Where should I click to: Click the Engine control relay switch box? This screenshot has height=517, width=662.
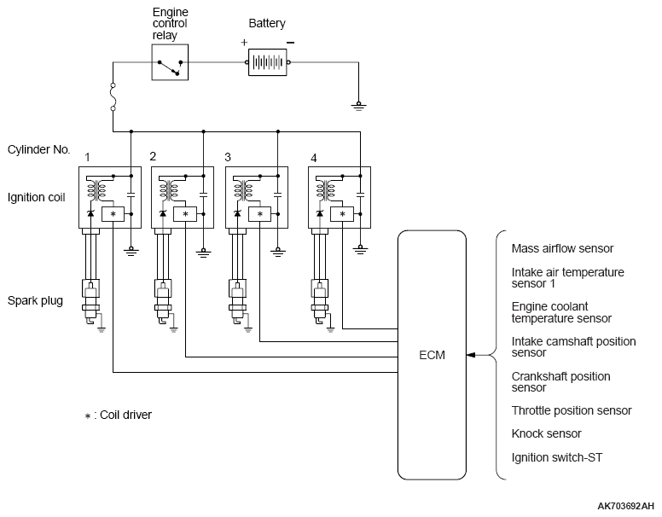click(x=170, y=62)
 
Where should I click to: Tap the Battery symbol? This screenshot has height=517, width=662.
click(x=268, y=62)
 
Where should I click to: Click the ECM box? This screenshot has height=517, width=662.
click(x=432, y=355)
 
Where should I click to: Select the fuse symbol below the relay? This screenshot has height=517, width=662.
click(x=113, y=97)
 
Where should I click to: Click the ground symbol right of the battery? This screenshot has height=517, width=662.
click(x=358, y=106)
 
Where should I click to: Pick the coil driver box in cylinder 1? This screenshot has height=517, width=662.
click(x=113, y=214)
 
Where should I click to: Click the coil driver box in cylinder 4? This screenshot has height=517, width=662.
click(x=342, y=214)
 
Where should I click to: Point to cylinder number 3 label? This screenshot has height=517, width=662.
click(x=228, y=158)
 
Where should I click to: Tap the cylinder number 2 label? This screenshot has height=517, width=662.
click(x=153, y=156)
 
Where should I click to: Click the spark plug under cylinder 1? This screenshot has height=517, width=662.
click(x=90, y=301)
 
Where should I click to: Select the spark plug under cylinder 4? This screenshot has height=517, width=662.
click(x=320, y=301)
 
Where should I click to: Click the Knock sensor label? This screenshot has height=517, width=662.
click(x=546, y=433)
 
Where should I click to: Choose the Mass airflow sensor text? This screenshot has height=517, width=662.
click(x=562, y=248)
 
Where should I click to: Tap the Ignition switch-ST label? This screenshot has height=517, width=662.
click(x=557, y=457)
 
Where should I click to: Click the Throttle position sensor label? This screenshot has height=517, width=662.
click(x=572, y=410)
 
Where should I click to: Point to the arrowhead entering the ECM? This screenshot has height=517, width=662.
click(x=471, y=355)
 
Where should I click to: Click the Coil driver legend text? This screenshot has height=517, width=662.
click(x=118, y=415)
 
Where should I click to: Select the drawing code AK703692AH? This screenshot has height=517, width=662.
click(x=625, y=507)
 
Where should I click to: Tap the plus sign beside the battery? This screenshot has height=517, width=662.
click(x=244, y=43)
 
